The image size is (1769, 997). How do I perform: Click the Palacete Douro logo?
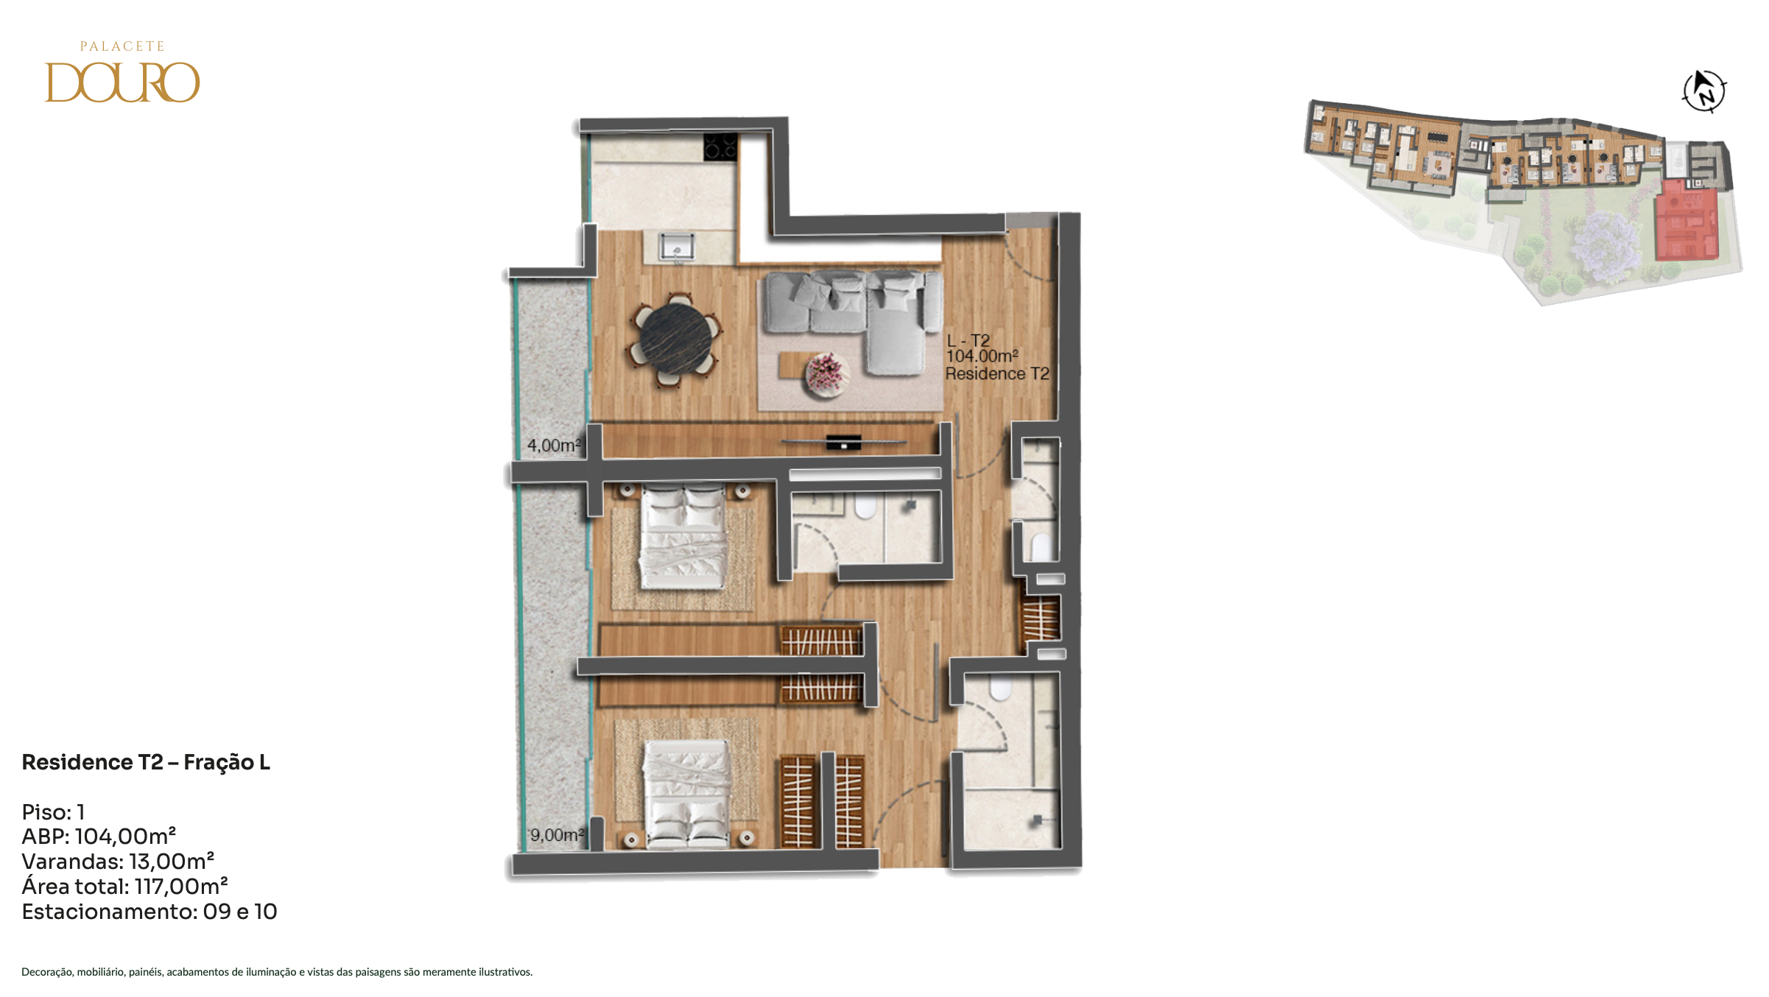click(x=122, y=71)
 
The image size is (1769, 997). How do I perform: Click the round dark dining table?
click(x=675, y=339)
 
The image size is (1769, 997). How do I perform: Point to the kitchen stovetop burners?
click(x=720, y=146)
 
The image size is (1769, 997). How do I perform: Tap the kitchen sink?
click(x=676, y=247)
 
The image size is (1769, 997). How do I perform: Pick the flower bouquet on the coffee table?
click(x=826, y=373)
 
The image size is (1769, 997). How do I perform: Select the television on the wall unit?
click(x=844, y=442)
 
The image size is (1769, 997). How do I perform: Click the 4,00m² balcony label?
click(x=554, y=445)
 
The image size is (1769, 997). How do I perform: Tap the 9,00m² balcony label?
click(x=558, y=835)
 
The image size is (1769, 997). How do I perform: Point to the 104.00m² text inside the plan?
click(x=982, y=356)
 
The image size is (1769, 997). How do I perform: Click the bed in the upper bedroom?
click(x=683, y=536)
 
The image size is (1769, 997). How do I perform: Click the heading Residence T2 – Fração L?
click(x=146, y=762)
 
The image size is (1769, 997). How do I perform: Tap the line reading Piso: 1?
click(x=53, y=812)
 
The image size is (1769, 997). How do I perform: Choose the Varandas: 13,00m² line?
click(x=118, y=862)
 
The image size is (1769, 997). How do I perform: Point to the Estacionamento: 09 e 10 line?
click(x=150, y=912)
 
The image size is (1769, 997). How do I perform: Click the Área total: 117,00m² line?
click(x=124, y=887)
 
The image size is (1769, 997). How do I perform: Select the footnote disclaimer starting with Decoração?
click(x=277, y=972)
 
